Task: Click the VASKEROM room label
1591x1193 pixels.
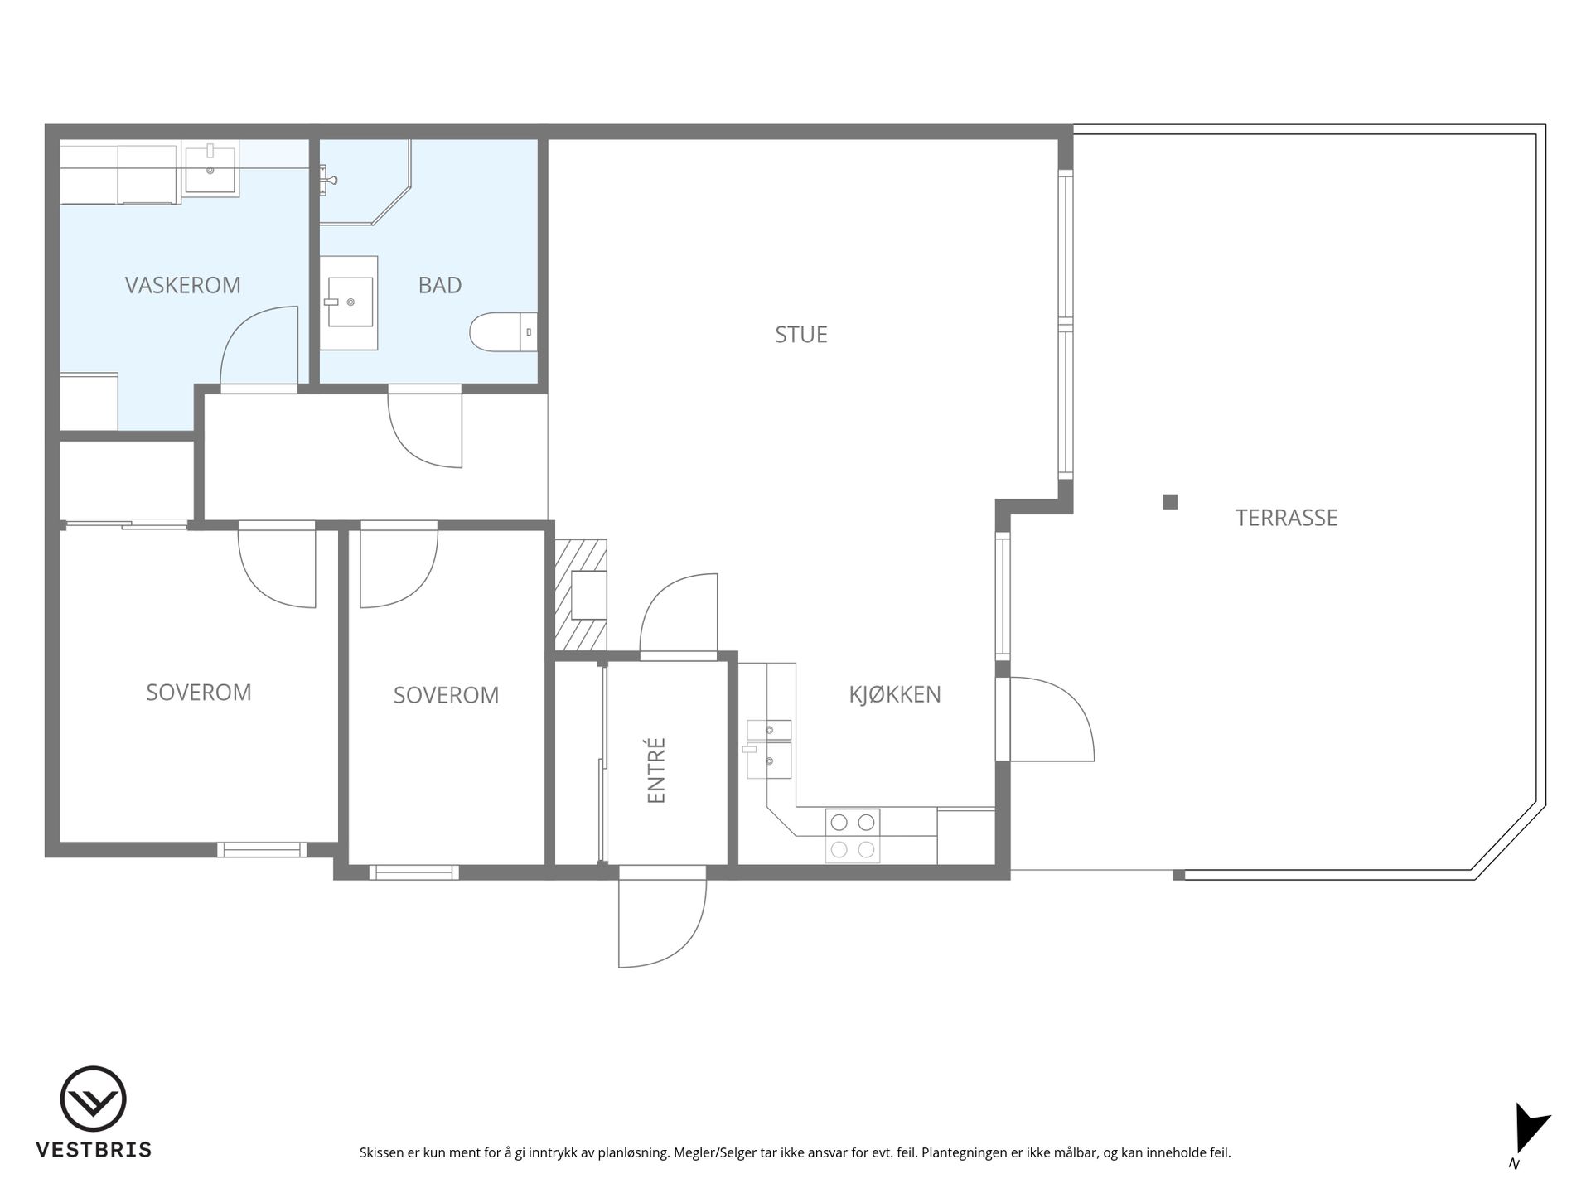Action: (183, 285)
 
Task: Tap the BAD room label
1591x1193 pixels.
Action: (440, 285)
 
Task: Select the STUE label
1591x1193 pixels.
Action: (801, 335)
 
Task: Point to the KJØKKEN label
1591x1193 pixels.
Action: (895, 694)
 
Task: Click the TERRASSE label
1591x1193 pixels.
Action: (1286, 518)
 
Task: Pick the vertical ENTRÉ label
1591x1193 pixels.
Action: (656, 770)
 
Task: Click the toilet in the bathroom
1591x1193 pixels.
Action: (504, 332)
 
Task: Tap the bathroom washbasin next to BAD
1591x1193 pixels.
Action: (349, 302)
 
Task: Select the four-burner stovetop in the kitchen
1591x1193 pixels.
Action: (853, 836)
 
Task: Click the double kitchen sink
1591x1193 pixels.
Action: (769, 750)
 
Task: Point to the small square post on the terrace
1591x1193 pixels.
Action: (1170, 501)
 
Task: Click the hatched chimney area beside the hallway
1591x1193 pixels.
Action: (581, 595)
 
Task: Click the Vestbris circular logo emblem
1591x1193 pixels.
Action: (93, 1099)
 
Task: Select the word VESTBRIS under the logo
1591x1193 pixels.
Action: (94, 1150)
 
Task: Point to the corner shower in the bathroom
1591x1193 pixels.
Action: (365, 182)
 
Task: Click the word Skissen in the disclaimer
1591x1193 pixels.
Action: (381, 1152)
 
